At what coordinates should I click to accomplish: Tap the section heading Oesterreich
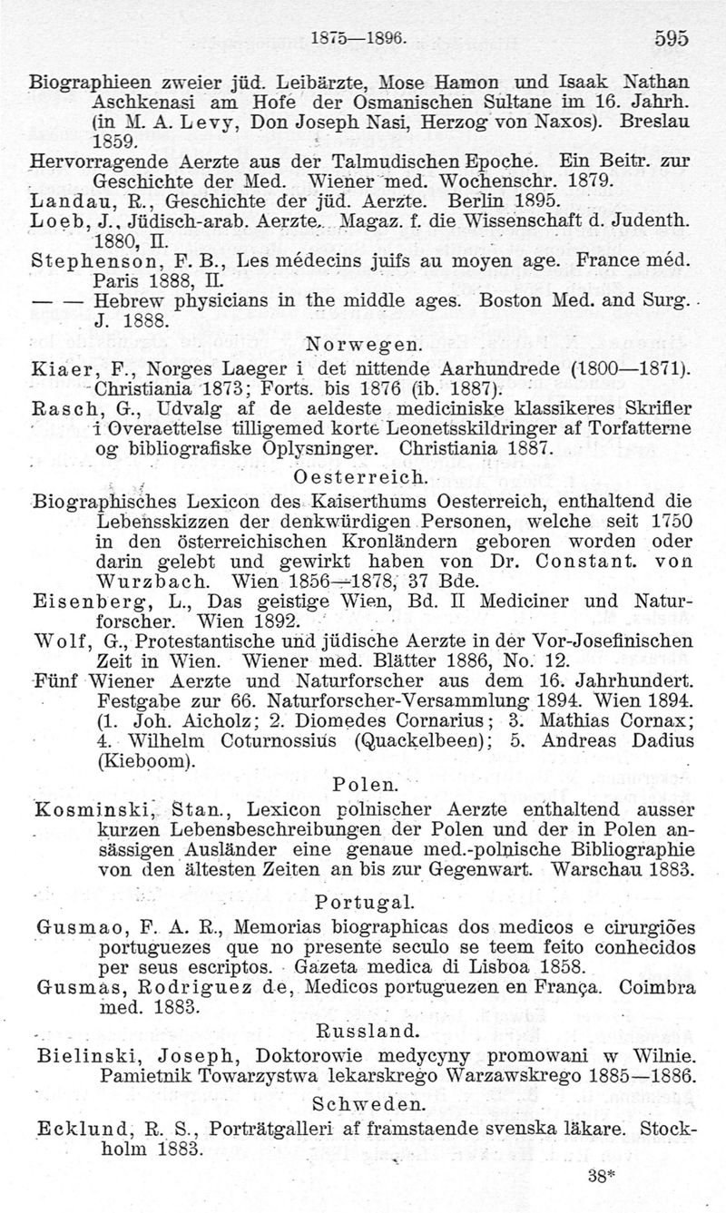361,476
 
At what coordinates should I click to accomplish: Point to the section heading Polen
361,783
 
